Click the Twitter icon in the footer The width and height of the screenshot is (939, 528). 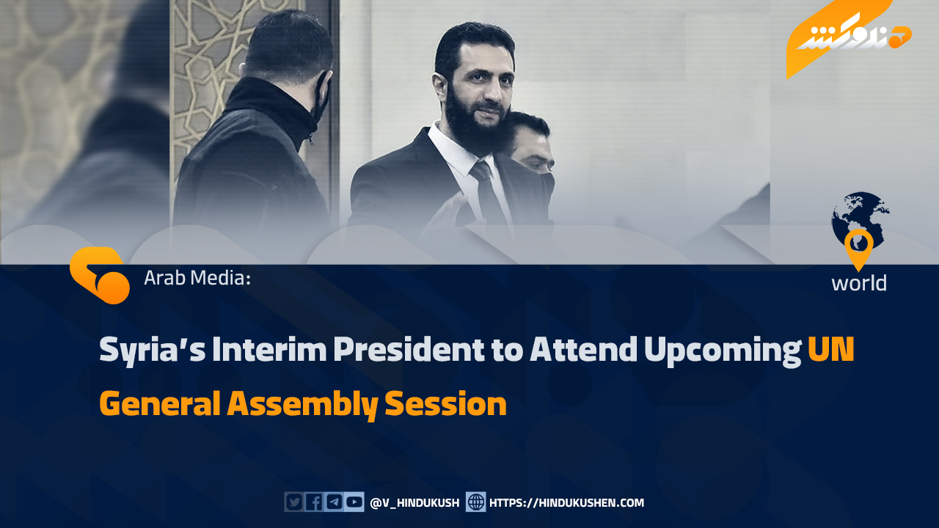[294, 502]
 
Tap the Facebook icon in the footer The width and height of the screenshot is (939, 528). [314, 502]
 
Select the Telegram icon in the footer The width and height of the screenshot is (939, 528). [334, 502]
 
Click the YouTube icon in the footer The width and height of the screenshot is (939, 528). [354, 502]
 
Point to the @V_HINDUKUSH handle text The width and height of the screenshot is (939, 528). [414, 503]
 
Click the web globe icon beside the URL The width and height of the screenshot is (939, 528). [476, 502]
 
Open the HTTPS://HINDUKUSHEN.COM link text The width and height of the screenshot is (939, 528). [566, 503]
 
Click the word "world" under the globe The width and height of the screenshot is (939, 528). [859, 283]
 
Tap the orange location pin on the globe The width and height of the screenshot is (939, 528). [858, 247]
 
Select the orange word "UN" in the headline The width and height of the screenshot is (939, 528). [831, 349]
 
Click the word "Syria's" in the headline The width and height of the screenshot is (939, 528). [152, 351]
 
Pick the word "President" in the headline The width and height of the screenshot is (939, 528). [409, 349]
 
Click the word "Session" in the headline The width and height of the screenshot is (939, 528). [445, 403]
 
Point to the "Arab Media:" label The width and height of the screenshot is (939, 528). [197, 278]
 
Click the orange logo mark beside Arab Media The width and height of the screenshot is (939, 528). [99, 275]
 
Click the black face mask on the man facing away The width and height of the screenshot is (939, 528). [321, 98]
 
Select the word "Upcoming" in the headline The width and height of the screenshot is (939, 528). [723, 351]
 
